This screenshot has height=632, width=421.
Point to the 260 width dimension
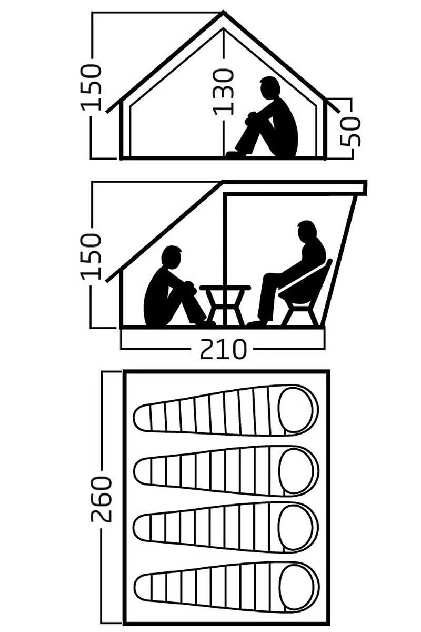tap(102, 498)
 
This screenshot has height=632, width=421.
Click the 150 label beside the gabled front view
tap(92, 87)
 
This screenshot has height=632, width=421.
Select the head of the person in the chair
tap(306, 232)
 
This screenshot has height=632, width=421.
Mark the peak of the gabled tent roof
tap(224, 13)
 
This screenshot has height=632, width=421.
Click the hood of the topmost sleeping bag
tap(297, 410)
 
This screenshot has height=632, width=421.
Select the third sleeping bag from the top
tap(226, 528)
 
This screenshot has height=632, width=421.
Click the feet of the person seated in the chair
tap(256, 323)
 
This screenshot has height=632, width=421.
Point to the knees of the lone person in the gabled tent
tap(252, 116)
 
